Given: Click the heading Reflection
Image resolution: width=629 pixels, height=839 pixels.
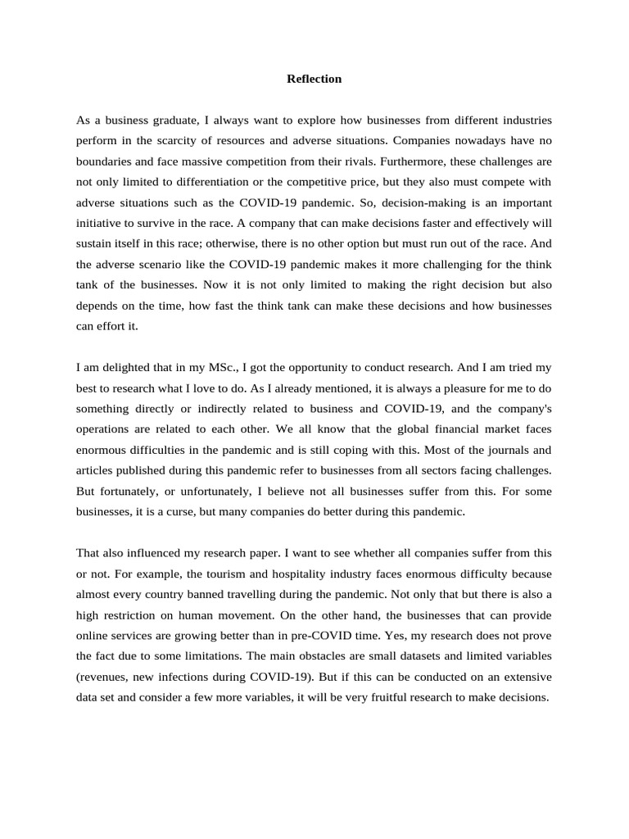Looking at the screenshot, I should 314,79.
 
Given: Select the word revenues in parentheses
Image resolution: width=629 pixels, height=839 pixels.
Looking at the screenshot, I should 106,677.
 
